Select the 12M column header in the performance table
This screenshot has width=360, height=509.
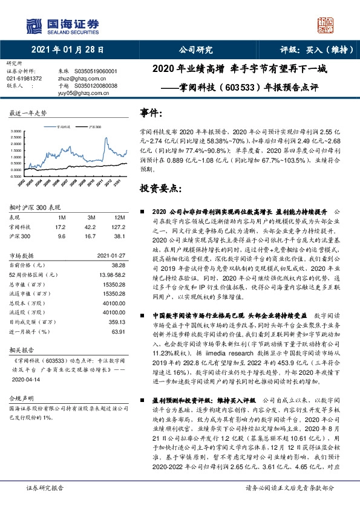pos(119,216)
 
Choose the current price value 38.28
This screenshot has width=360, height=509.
pos(117,265)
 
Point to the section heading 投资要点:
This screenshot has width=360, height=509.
pos(160,188)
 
